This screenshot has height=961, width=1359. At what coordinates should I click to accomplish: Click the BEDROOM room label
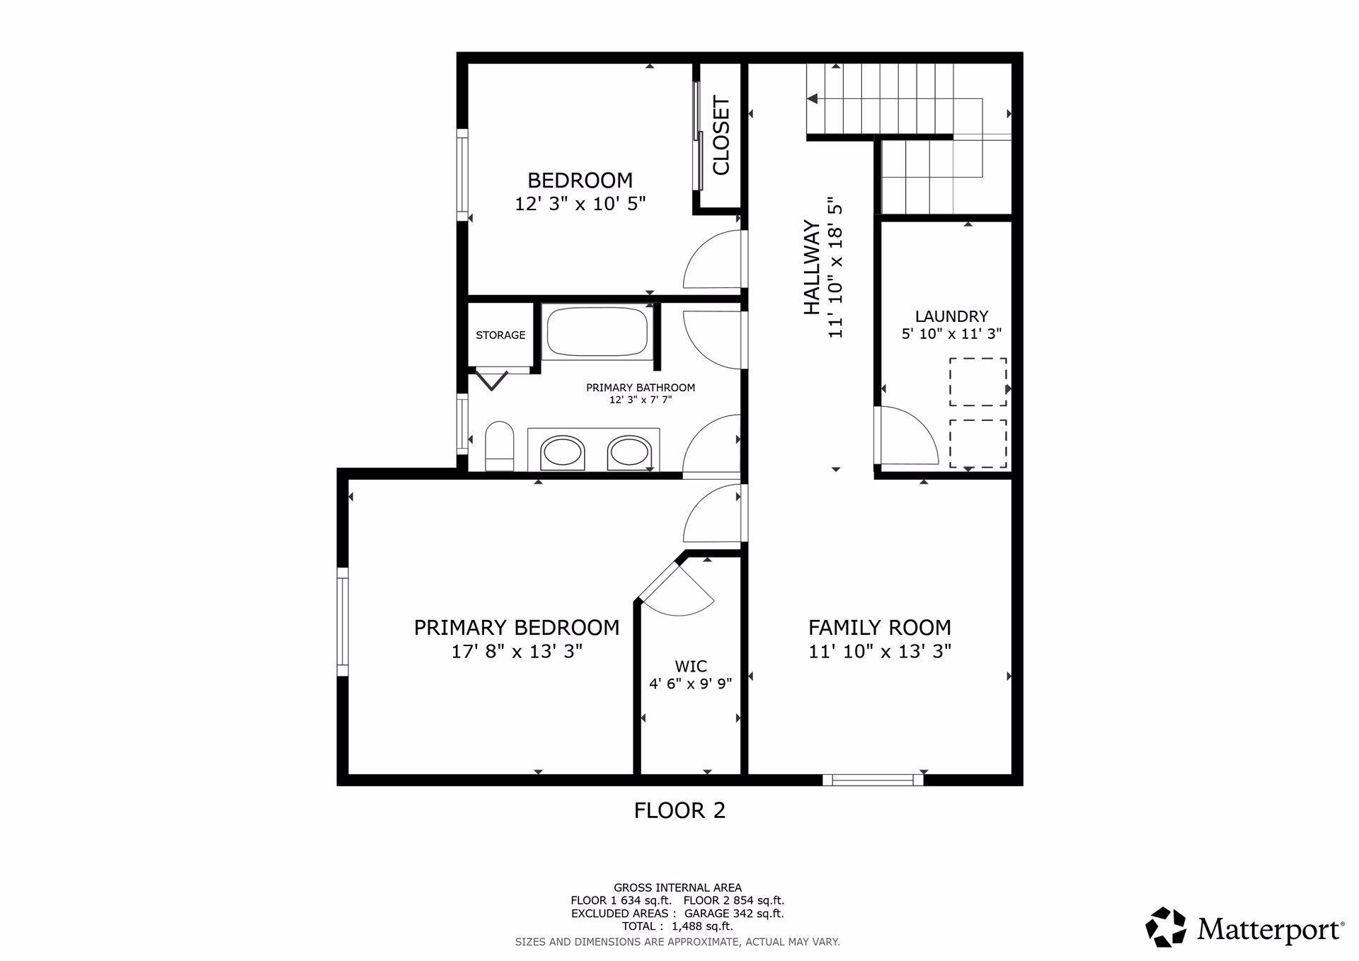580,180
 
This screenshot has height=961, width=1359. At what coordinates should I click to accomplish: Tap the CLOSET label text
721,136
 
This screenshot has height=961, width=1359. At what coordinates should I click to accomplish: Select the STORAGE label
500,335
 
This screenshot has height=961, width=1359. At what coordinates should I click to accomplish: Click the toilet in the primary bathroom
500,446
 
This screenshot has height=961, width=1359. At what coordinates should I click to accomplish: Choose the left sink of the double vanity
563,451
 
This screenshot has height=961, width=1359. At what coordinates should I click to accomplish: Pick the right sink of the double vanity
629,451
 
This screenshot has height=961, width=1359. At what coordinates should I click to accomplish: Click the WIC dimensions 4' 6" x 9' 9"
690,684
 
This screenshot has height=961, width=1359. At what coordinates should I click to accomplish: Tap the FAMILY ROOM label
880,628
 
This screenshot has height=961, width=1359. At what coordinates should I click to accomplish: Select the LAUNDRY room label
951,316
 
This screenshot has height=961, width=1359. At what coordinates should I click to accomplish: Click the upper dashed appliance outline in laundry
978,382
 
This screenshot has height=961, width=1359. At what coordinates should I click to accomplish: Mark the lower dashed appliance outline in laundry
978,444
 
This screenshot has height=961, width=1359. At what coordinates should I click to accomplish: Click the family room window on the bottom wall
873,780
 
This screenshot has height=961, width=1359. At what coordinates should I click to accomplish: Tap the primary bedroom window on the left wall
343,621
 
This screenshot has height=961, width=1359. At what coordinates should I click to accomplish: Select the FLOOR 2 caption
679,810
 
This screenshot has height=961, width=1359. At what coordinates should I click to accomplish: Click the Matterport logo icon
1166,926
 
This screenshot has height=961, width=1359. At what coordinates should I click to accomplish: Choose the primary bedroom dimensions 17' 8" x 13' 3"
517,651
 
